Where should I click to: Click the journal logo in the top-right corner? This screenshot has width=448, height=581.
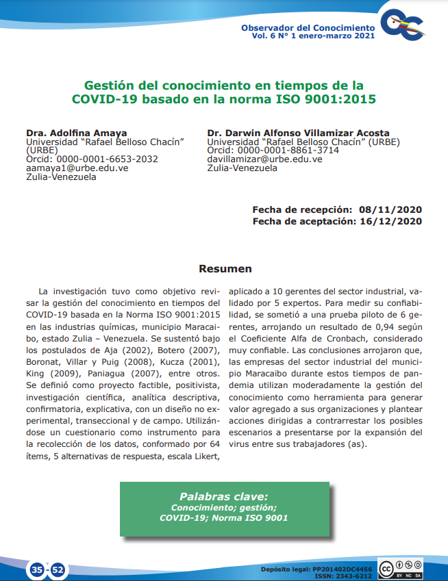[406, 26]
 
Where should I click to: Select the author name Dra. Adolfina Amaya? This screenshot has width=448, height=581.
[66, 133]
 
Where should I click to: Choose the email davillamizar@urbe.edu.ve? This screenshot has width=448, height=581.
[264, 159]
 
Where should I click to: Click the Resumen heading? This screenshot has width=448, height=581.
[225, 269]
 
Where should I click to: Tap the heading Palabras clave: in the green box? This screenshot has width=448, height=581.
[223, 496]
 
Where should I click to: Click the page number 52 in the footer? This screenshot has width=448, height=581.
[58, 569]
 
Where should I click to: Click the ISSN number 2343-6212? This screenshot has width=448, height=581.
[356, 576]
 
